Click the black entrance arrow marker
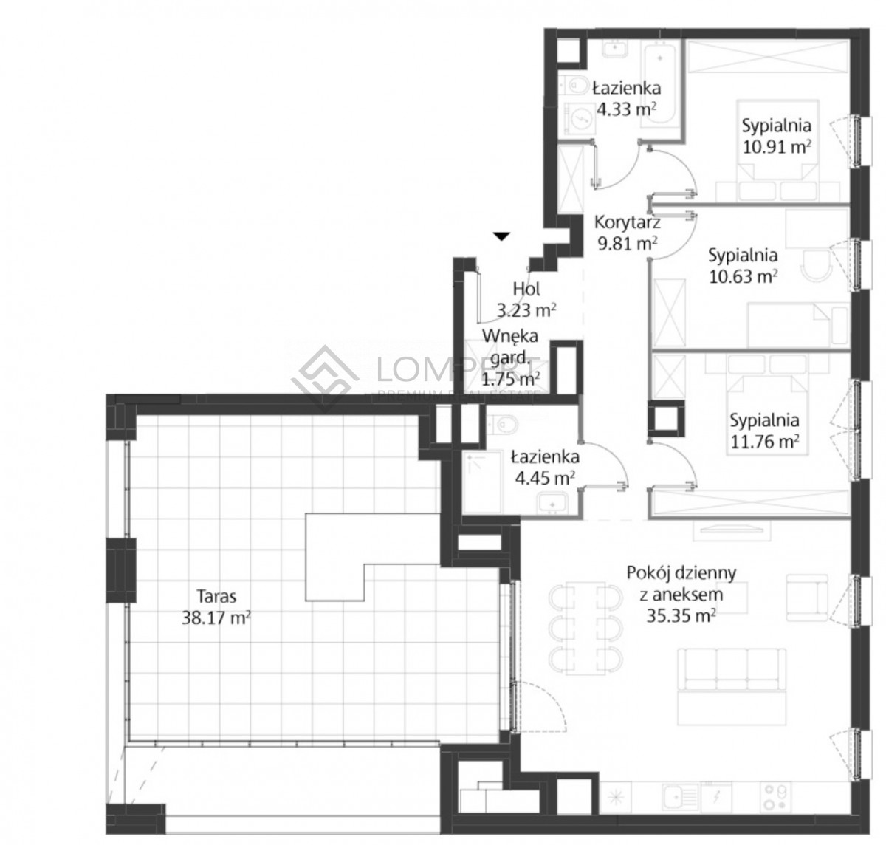click(501, 236)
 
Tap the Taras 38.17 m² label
click(216, 607)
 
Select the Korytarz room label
click(628, 222)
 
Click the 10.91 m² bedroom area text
click(777, 147)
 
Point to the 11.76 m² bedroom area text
click(764, 442)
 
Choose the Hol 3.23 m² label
click(526, 299)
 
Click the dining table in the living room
click(585, 630)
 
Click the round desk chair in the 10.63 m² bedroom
click(817, 266)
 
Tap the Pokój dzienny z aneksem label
click(681, 595)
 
